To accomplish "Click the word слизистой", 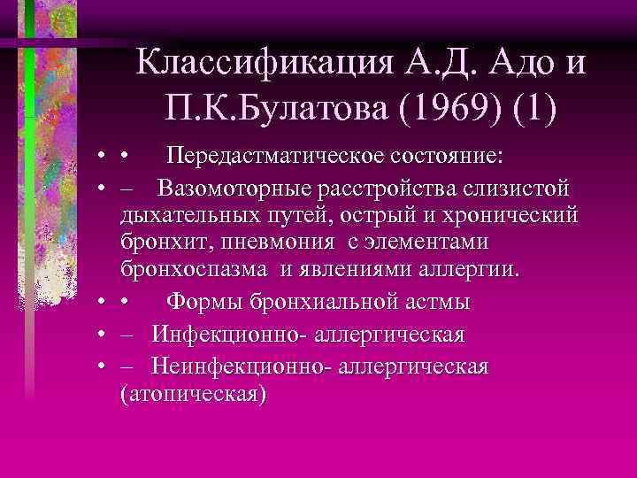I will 518,189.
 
